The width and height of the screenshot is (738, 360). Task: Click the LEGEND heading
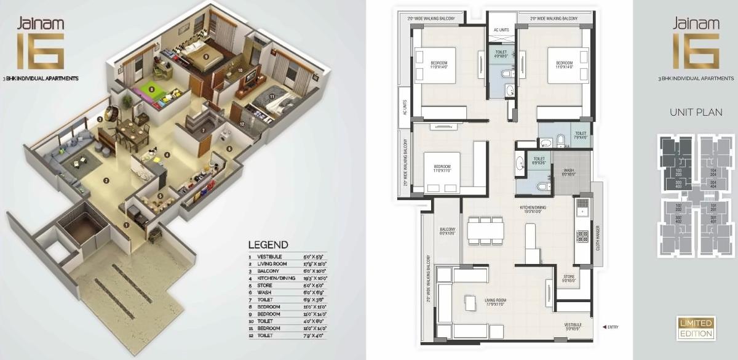click(x=268, y=245)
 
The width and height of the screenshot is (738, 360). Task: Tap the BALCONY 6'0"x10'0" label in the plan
click(x=446, y=231)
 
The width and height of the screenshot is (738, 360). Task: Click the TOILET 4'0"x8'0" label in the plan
click(x=501, y=54)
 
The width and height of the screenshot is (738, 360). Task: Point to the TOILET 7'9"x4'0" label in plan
click(x=581, y=135)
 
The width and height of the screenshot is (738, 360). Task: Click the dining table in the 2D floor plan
click(x=486, y=231)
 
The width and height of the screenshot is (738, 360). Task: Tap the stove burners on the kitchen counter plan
click(x=582, y=236)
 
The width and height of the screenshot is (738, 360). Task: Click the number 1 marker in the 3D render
click(x=126, y=225)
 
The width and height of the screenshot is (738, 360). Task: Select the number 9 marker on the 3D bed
click(x=206, y=56)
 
